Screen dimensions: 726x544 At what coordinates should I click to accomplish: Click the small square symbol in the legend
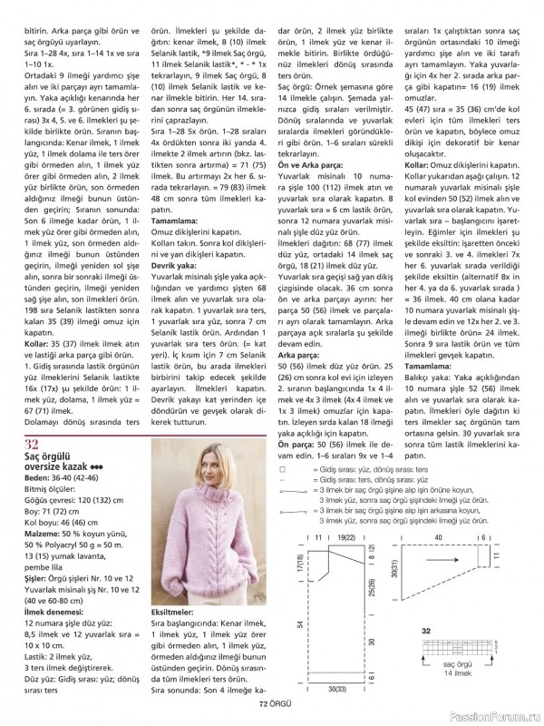(283, 470)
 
